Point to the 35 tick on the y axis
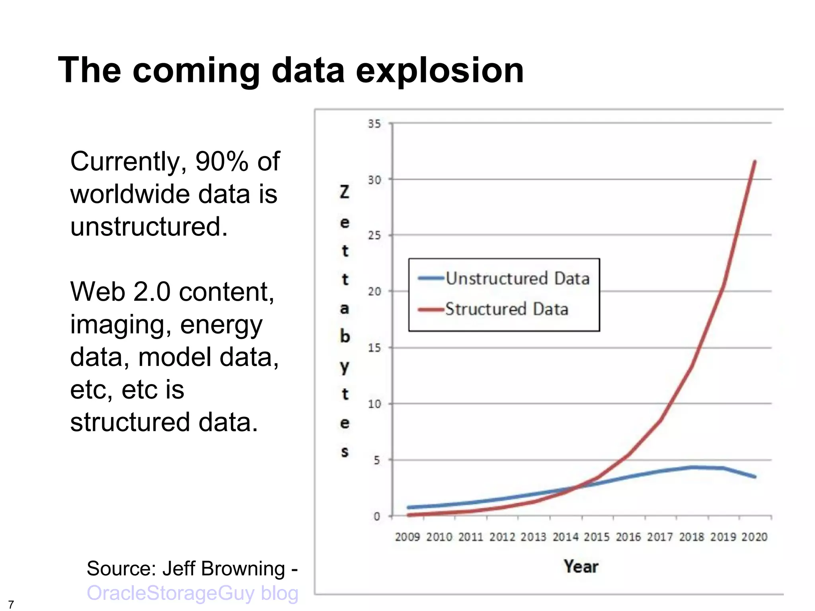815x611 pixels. tap(374, 124)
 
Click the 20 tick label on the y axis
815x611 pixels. tap(374, 292)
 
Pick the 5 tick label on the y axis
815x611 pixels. tap(376, 460)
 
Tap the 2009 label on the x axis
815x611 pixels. tap(407, 537)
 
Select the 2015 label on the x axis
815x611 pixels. tap(597, 537)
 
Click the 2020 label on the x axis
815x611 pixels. tap(754, 537)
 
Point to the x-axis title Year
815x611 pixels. tap(581, 566)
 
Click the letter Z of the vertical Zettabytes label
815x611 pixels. tap(345, 192)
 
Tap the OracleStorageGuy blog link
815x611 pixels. tap(193, 593)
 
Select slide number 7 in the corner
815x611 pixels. tap(11, 605)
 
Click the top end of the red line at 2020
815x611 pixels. tap(755, 162)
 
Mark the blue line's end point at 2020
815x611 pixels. tap(755, 477)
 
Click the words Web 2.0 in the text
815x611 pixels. tap(120, 292)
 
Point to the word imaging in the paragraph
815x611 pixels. tap(121, 325)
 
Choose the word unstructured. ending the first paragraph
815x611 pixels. tap(149, 227)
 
